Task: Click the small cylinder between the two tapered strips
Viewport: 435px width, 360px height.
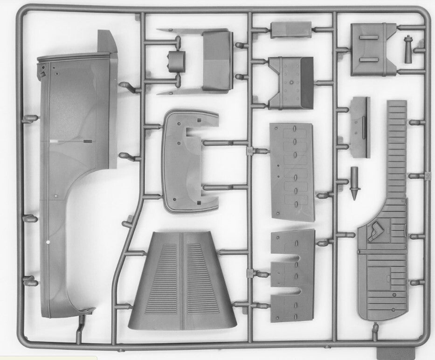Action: (x=176, y=61)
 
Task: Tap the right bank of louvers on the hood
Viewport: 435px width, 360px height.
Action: (x=202, y=278)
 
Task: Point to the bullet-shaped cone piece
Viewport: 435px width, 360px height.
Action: (x=355, y=182)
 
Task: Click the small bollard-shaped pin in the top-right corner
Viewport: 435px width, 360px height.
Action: (x=409, y=49)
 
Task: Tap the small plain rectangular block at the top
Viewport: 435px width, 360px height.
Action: (x=290, y=29)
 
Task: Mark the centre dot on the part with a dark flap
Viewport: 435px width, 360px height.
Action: (x=291, y=83)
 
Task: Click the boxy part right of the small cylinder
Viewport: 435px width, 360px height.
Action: (x=218, y=60)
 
